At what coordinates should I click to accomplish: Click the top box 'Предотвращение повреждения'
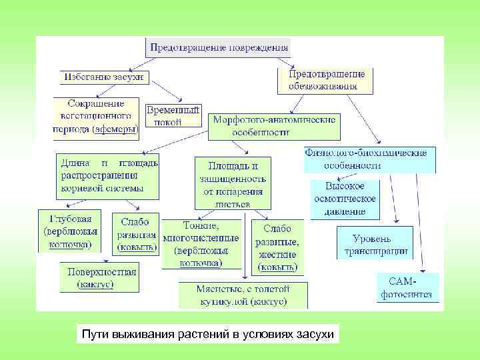click(x=219, y=47)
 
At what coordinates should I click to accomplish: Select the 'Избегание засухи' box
click(x=103, y=77)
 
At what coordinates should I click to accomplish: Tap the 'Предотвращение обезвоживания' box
click(x=325, y=80)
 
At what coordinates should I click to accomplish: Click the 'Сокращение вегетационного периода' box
click(x=97, y=117)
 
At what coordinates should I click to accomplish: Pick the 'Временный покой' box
click(x=173, y=115)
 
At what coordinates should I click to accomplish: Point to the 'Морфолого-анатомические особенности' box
click(x=275, y=125)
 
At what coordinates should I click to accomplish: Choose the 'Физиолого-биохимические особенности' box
click(x=369, y=159)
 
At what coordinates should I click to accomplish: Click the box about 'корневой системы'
click(x=107, y=175)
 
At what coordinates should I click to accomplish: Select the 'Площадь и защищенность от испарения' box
click(x=233, y=182)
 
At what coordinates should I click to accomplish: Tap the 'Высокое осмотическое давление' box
click(x=345, y=199)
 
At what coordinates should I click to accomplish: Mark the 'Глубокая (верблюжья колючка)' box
click(x=70, y=231)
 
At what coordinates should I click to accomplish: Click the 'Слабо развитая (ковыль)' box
click(x=137, y=234)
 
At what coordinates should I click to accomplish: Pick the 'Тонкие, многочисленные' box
click(x=201, y=244)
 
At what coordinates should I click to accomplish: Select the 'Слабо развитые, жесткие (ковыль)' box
click(x=277, y=246)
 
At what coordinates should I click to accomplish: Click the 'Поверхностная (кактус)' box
click(x=99, y=277)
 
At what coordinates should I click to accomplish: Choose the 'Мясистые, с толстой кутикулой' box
click(x=243, y=295)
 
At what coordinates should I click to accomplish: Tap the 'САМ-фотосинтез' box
click(x=407, y=287)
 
